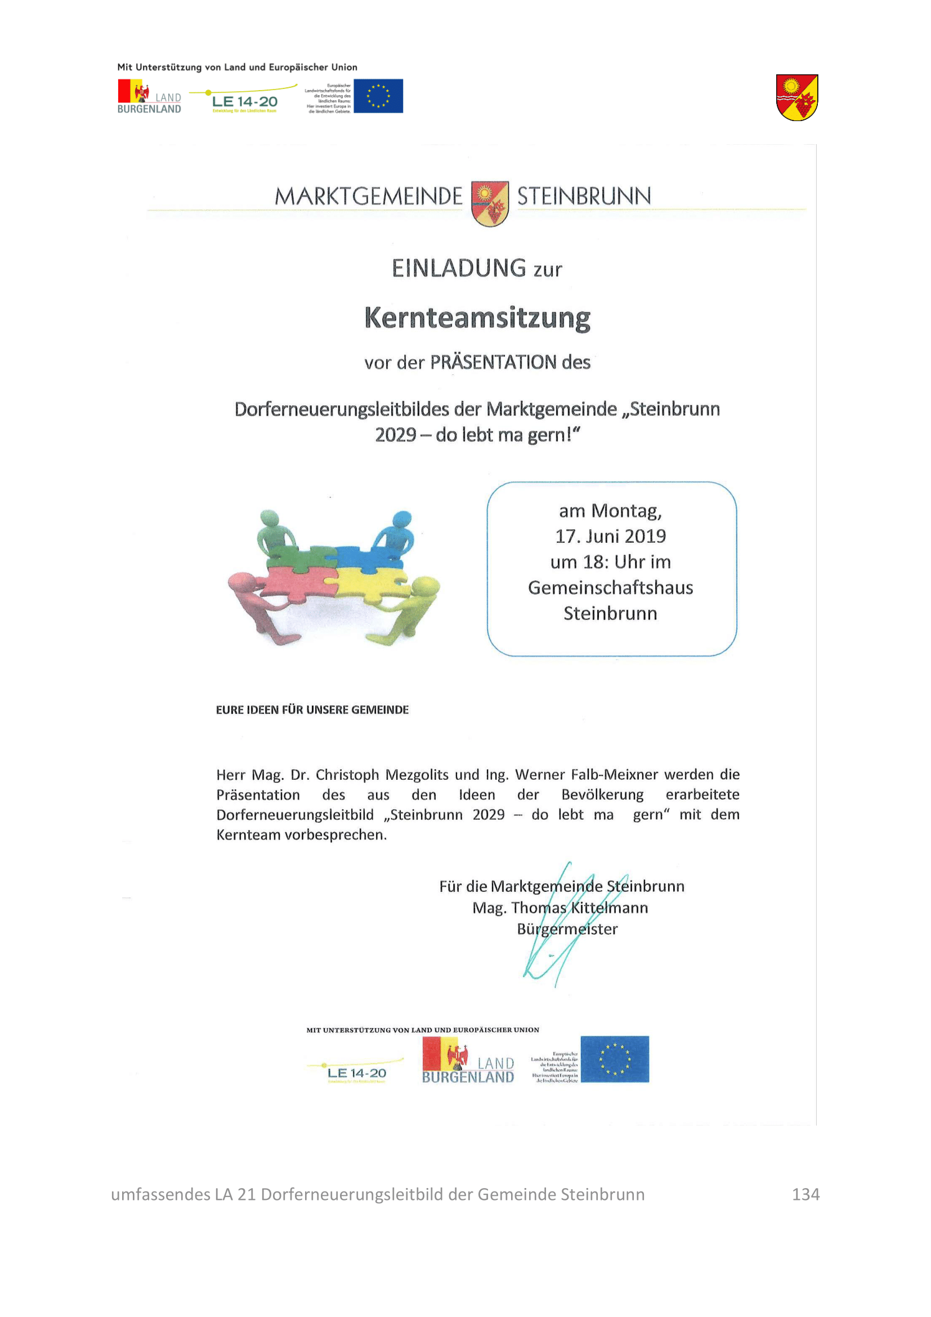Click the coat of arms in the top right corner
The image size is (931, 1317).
[797, 97]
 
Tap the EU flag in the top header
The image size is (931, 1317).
[378, 96]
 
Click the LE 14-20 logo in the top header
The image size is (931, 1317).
[244, 101]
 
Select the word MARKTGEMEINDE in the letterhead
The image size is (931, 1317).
[368, 196]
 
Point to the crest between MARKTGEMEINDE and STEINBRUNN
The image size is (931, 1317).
[490, 204]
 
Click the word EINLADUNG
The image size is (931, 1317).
[459, 268]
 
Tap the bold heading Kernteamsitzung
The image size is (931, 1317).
[477, 318]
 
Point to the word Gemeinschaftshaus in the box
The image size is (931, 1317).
[611, 587]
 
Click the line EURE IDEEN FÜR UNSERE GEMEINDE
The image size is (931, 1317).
[312, 709]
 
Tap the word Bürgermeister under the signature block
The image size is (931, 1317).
[567, 928]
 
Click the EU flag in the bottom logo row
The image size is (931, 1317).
[615, 1059]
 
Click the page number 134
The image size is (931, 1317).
[805, 1194]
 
